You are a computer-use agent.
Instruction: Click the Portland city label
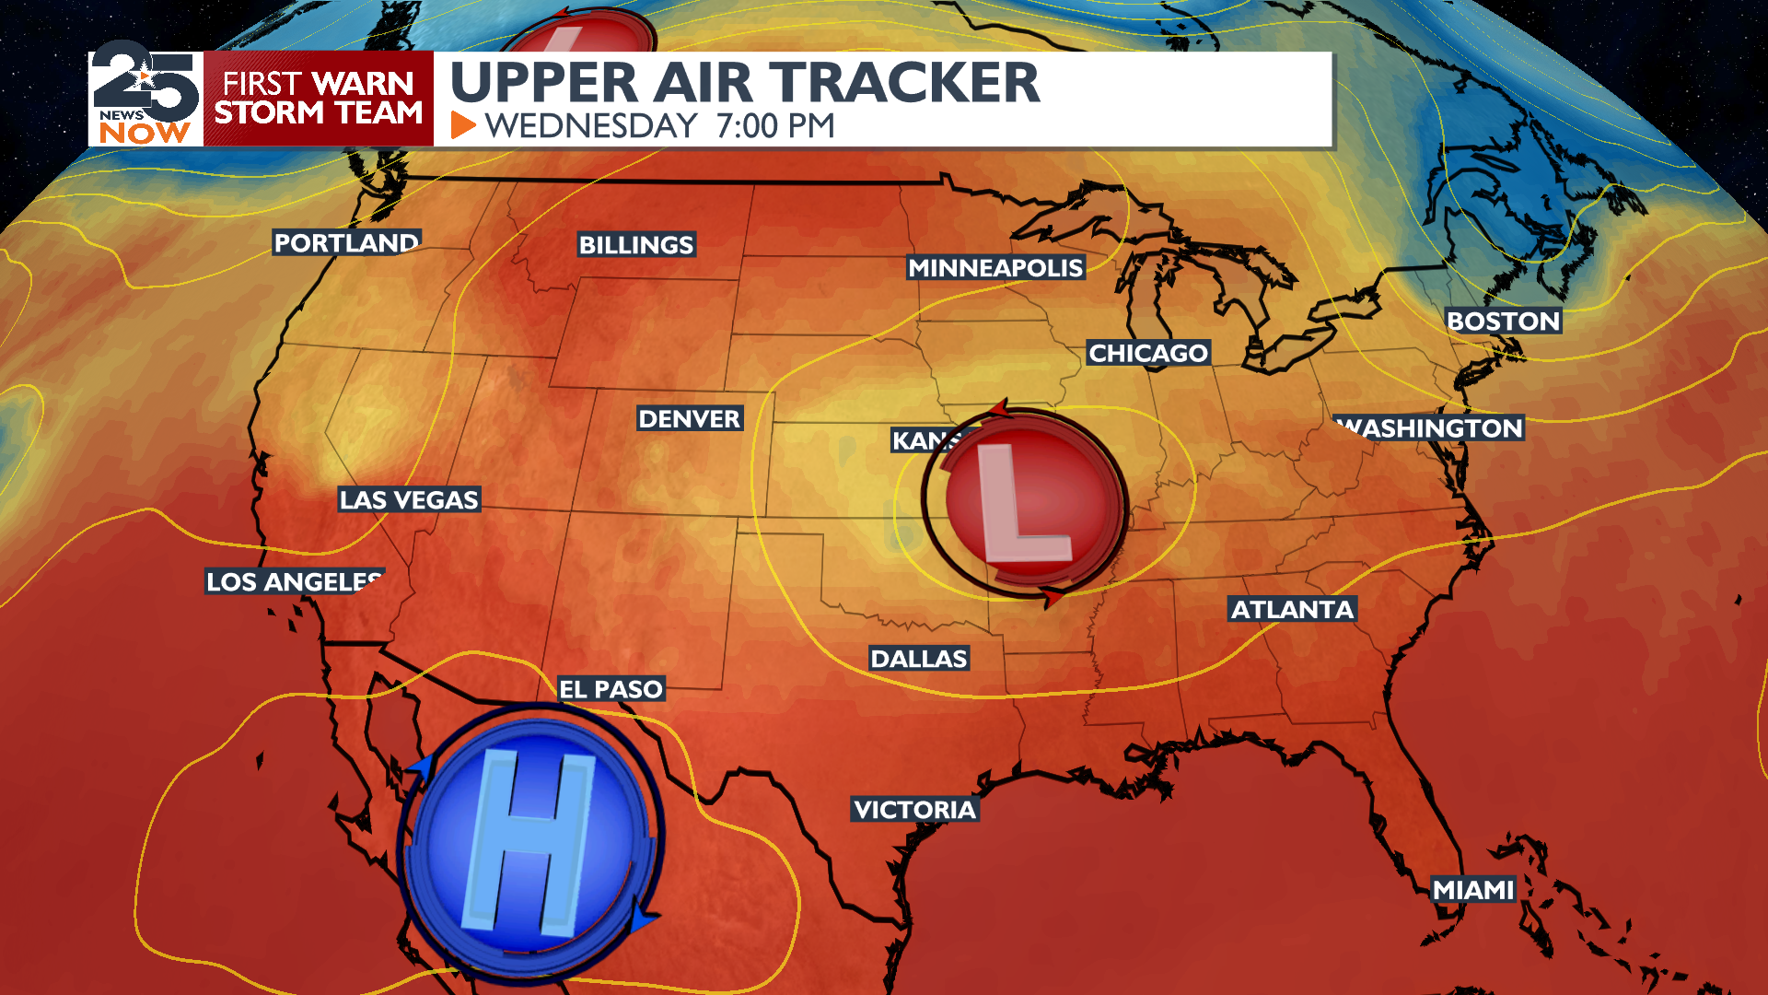[346, 243]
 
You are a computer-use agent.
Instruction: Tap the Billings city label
[635, 245]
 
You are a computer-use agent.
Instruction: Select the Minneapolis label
[995, 268]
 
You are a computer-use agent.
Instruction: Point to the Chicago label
[1147, 353]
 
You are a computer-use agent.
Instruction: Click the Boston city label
[1503, 322]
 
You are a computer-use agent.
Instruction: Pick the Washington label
[1430, 428]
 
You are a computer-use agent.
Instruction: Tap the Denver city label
[689, 419]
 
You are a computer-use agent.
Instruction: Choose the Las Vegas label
[409, 500]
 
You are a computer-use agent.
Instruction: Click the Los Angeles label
[293, 582]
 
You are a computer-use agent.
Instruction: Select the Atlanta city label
[1292, 610]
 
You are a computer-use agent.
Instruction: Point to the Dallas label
[918, 659]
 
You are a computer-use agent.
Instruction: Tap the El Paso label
[611, 689]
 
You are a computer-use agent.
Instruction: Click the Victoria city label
[914, 810]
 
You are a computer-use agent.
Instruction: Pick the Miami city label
[1473, 890]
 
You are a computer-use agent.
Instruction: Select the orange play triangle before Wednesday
[463, 125]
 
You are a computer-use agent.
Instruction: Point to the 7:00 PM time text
[775, 126]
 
